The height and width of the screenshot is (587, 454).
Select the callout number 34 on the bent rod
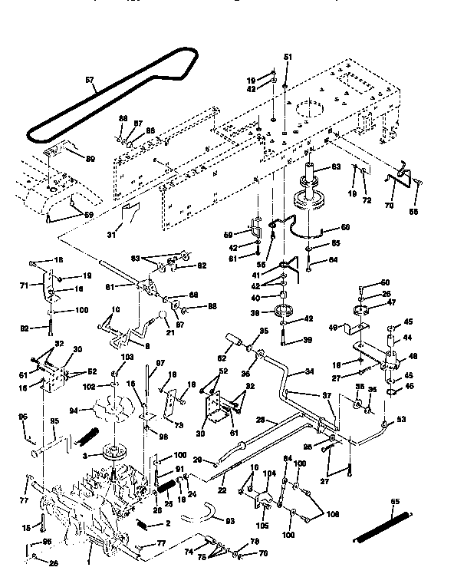tap(309, 371)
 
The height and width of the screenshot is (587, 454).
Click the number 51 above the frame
tap(288, 58)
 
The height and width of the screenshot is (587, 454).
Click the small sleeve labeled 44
tap(392, 332)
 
